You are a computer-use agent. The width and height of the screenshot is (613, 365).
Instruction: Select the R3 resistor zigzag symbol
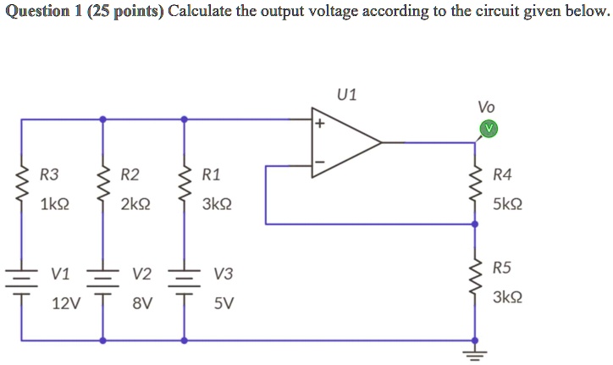[x=21, y=190]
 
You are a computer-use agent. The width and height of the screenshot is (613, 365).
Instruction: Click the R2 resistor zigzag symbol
[x=103, y=190]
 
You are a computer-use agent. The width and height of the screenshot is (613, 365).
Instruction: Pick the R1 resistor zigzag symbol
[x=184, y=190]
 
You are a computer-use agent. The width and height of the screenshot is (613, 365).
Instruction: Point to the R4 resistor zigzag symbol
[x=474, y=189]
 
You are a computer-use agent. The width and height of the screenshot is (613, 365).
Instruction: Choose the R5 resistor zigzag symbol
[x=474, y=280]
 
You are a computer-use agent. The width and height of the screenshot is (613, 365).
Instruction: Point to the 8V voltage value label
[x=142, y=303]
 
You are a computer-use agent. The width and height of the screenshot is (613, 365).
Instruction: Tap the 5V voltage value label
[x=224, y=303]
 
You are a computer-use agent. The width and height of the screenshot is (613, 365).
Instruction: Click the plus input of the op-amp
[x=320, y=124]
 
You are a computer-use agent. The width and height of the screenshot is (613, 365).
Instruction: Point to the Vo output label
[x=486, y=107]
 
